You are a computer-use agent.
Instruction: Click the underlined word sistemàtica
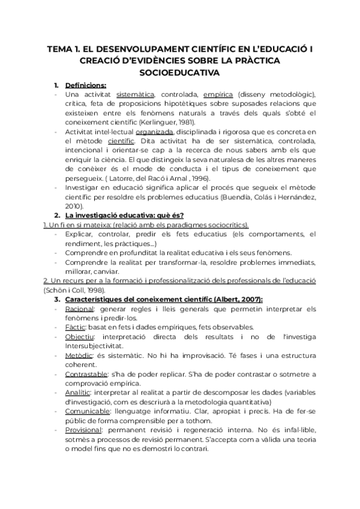point(136,94)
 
